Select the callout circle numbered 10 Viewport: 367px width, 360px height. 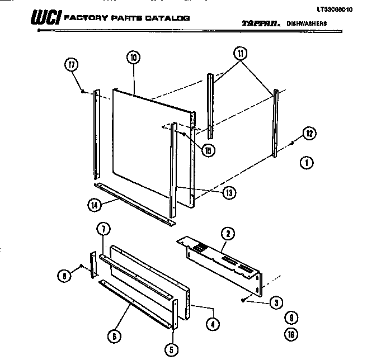pos(133,58)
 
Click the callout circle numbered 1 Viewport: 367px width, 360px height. pos(306,164)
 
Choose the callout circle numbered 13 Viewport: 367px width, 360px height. pos(228,193)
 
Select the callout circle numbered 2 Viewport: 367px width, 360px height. pos(228,234)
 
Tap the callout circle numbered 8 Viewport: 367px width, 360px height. pos(65,275)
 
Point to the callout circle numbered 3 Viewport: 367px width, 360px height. pos(275,304)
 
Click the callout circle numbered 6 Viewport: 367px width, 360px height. pos(114,335)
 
